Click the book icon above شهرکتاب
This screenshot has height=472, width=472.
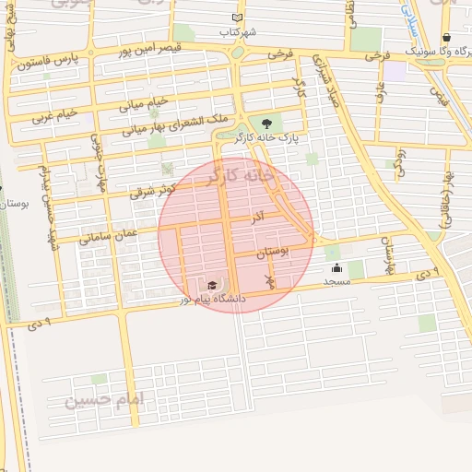(x=238, y=18)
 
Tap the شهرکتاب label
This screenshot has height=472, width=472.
(x=238, y=32)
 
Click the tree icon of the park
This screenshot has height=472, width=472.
(x=267, y=123)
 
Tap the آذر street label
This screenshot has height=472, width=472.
(x=260, y=215)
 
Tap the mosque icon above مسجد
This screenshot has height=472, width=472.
(x=336, y=268)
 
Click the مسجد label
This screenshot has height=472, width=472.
(x=336, y=281)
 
